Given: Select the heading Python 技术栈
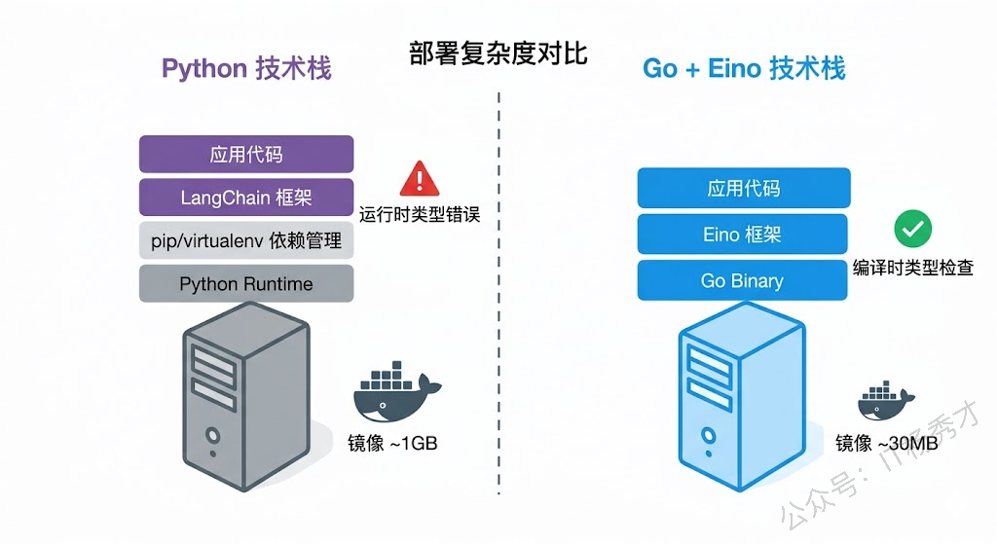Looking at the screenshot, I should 245,68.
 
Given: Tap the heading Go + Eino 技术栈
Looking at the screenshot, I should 744,68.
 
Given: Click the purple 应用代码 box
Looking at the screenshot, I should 246,155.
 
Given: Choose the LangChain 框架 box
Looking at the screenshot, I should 246,198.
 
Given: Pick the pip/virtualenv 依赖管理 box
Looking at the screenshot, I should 246,240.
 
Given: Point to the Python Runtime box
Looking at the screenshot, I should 246,283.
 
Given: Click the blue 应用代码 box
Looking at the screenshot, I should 744,188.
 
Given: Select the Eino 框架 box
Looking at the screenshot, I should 744,235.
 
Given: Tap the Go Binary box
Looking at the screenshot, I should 744,280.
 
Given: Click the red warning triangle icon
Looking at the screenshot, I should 420,178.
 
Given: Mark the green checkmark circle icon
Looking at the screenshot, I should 912,229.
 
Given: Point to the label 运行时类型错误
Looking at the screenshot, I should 420,214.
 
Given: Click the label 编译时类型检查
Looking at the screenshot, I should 912,268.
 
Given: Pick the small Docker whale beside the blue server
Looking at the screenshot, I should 884,401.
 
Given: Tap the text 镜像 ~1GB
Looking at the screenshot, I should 392,442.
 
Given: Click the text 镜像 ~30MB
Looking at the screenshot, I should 886,443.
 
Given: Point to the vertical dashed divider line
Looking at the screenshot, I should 498,292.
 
